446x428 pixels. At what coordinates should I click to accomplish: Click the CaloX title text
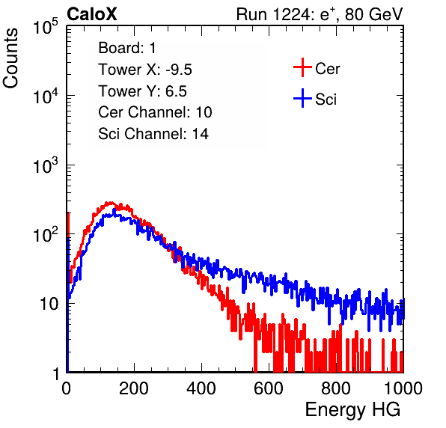pos(91,14)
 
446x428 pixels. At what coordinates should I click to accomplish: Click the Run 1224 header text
pos(320,14)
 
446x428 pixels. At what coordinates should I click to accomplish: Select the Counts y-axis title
pos(10,58)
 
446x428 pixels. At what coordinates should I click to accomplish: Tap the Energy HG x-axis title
pos(352,410)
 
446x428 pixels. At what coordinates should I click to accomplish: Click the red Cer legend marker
pos(302,67)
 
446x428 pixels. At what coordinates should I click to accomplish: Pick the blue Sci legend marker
pos(302,99)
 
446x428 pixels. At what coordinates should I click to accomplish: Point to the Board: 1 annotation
pos(127,48)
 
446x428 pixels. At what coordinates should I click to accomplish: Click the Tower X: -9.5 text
pos(145,70)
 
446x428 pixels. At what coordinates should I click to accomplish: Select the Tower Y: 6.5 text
pos(142,91)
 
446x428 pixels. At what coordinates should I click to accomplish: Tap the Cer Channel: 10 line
pos(155,112)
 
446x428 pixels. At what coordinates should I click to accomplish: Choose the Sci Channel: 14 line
pos(153,134)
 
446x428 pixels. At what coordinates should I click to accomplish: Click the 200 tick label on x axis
pos(134,388)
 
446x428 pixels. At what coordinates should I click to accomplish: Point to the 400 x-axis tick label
pos(201,388)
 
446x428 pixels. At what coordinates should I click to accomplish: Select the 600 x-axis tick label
pos(269,388)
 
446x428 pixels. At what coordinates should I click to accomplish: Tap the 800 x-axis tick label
pos(336,388)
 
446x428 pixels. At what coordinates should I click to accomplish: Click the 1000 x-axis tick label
pos(403,388)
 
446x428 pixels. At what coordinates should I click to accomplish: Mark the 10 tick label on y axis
pos(49,304)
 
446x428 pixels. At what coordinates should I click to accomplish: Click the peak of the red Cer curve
pos(110,202)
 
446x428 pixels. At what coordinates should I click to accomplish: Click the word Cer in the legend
pos(327,69)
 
